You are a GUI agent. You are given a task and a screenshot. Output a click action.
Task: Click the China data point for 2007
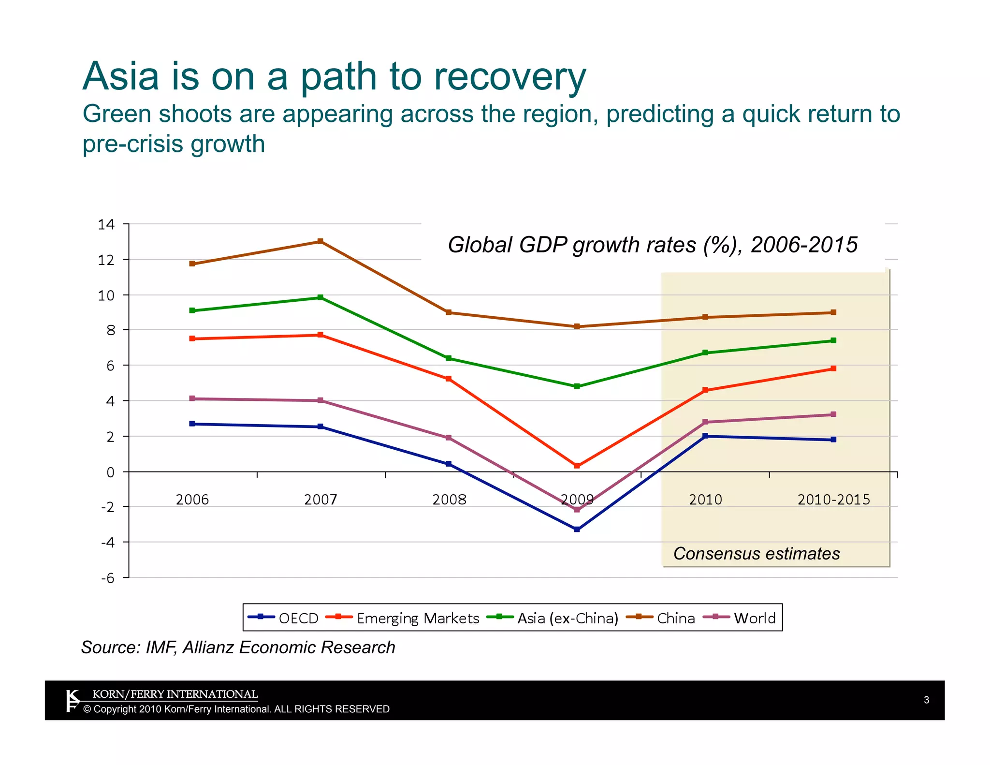coord(320,241)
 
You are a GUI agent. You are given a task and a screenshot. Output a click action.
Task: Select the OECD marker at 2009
coord(577,530)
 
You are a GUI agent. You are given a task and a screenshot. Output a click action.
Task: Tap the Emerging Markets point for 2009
coord(577,466)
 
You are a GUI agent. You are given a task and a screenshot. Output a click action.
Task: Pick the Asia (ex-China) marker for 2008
coord(449,358)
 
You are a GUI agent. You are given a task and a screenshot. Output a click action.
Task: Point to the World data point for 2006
coord(192,398)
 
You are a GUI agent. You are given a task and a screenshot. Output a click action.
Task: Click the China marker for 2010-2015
coord(833,312)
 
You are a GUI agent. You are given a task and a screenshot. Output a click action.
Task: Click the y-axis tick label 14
coord(106,224)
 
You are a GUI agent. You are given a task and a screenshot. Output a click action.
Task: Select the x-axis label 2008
coord(449,500)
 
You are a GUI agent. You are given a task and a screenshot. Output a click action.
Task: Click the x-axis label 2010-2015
coord(833,500)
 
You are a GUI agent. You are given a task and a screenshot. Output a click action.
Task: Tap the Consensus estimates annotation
coord(757,554)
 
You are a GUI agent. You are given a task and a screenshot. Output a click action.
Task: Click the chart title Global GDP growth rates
coord(652,245)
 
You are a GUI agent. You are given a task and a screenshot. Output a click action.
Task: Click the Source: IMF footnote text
coord(238,647)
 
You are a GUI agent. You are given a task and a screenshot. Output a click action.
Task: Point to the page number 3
coord(926,700)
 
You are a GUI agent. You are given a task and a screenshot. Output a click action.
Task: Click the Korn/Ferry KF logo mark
coord(72,701)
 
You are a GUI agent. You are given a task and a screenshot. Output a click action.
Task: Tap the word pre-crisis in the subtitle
coord(132,144)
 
